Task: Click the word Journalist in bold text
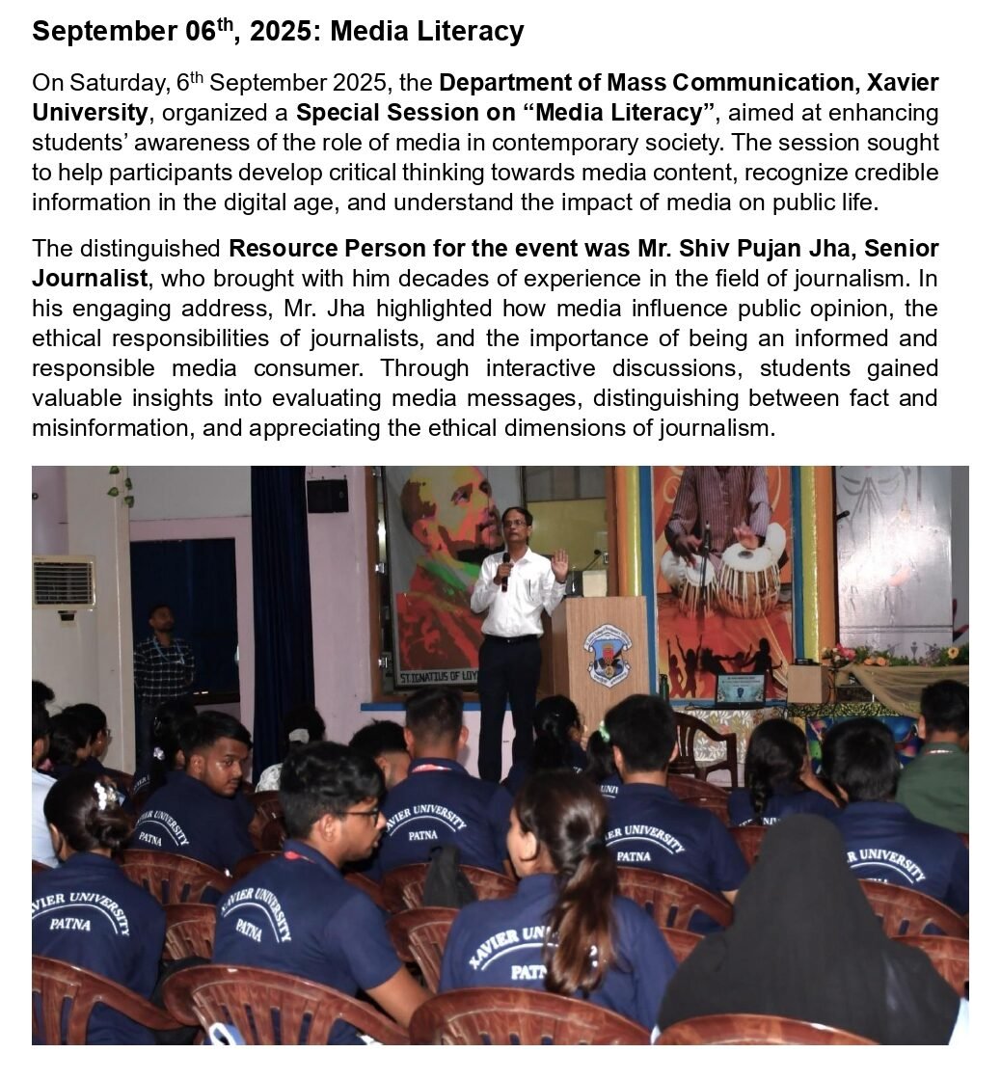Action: click(x=90, y=279)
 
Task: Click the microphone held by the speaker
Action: click(x=505, y=570)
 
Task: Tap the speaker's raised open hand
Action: click(x=559, y=564)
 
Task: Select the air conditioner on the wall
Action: click(x=64, y=580)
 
